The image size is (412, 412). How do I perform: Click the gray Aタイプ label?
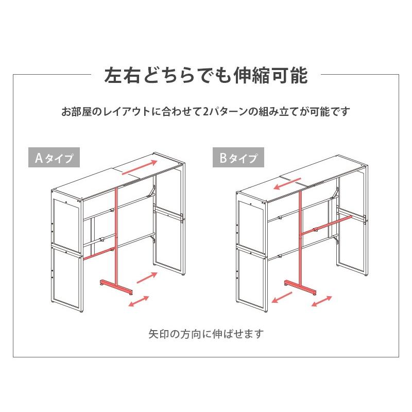click(x=54, y=158)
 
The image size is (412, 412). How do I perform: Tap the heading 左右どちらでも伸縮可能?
click(x=206, y=75)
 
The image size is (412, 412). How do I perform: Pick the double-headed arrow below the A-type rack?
click(x=139, y=301)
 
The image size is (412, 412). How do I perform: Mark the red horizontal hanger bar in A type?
click(x=98, y=253)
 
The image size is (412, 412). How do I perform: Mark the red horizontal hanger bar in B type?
click(x=328, y=226)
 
